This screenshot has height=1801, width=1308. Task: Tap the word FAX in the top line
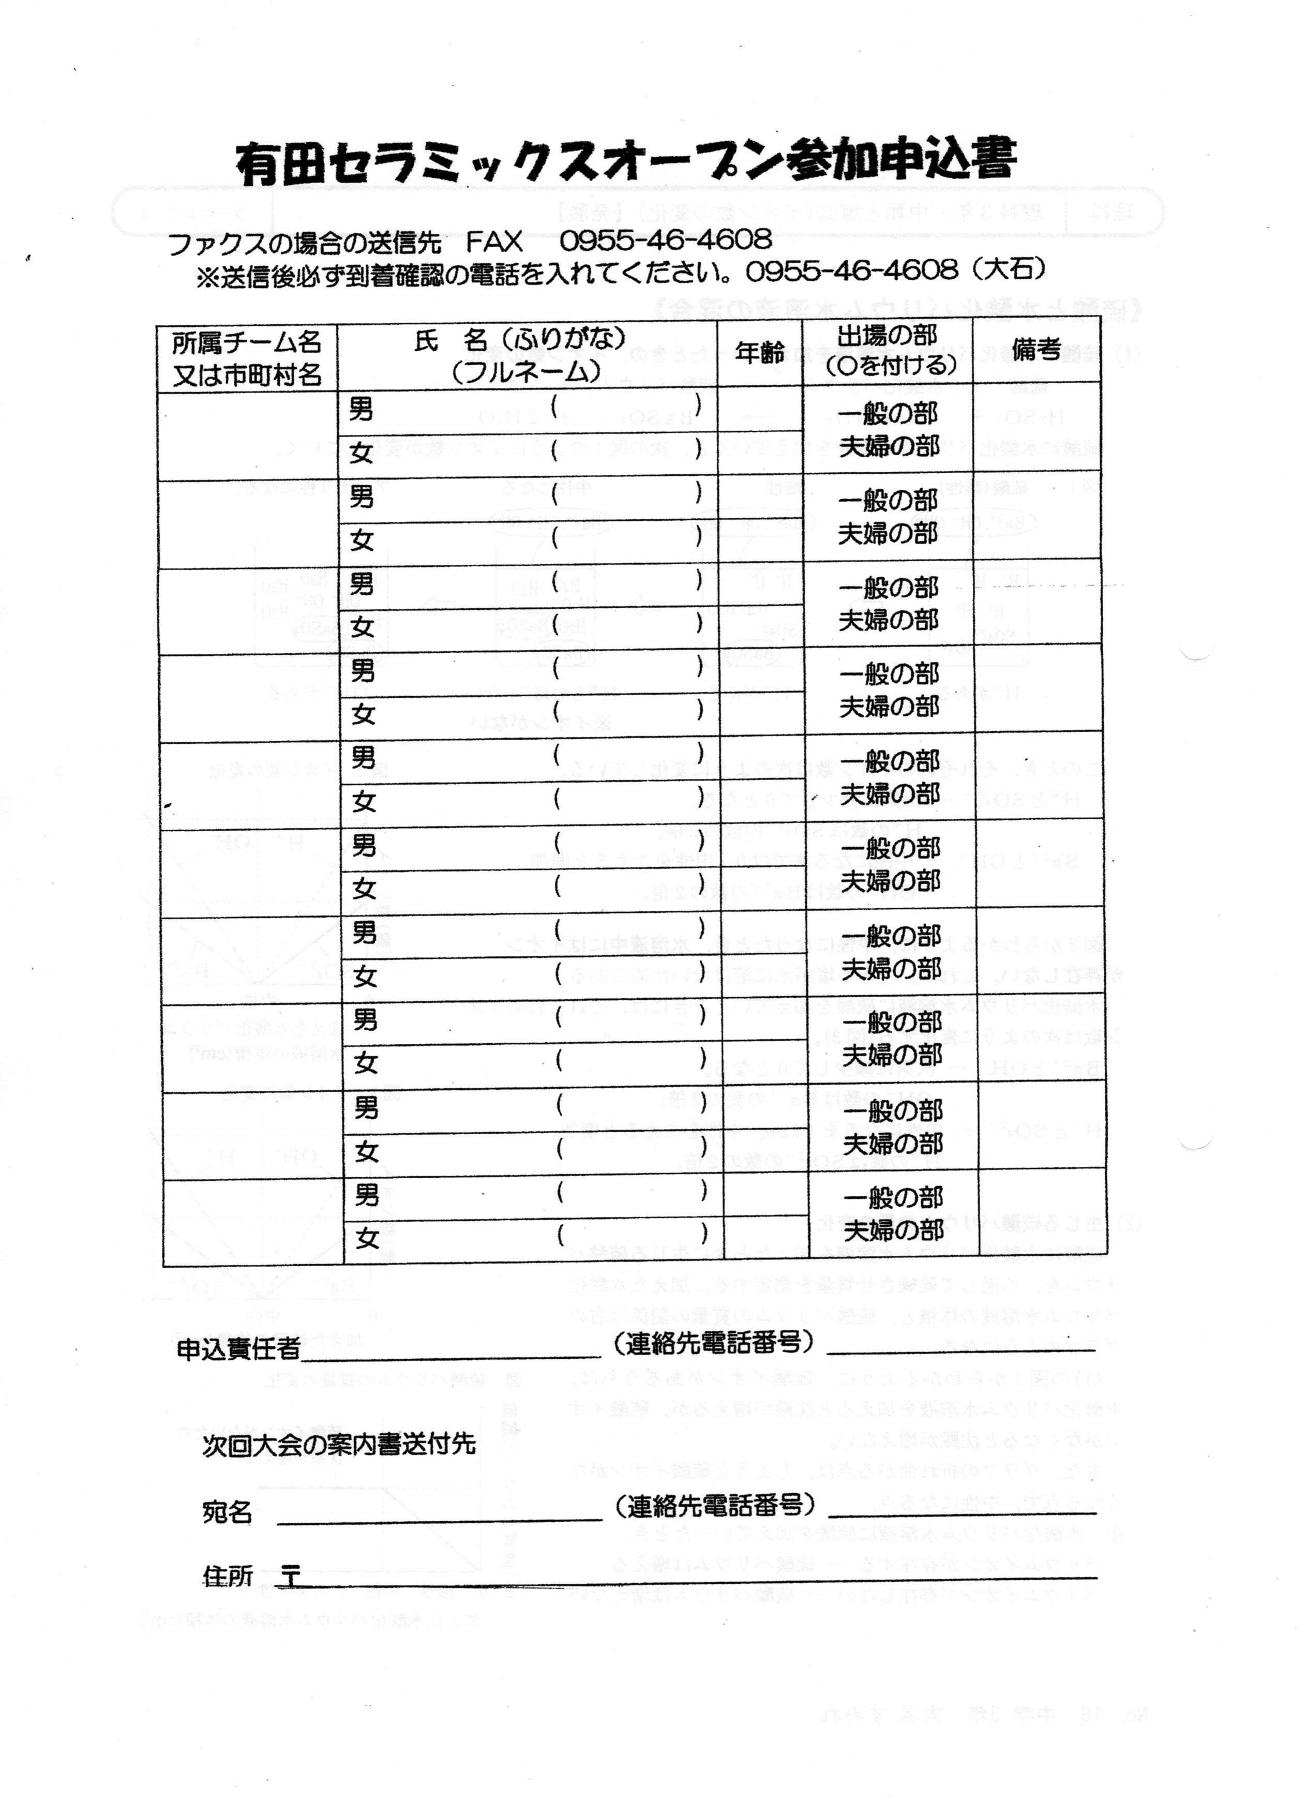click(x=494, y=241)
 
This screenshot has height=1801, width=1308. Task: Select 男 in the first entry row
click(x=362, y=410)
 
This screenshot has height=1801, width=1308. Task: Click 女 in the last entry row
click(x=367, y=1238)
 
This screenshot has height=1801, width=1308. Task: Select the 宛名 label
click(x=227, y=1513)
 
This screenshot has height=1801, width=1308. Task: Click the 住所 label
click(x=228, y=1577)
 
